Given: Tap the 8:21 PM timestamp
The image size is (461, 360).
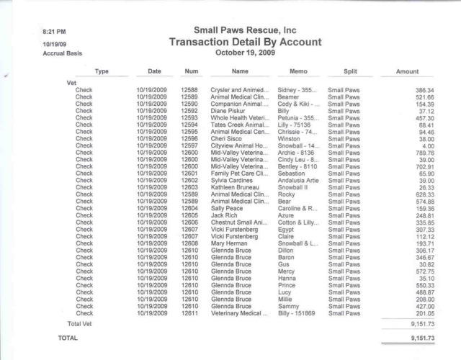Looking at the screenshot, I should (55, 32).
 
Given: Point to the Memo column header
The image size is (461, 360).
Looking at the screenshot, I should (297, 72).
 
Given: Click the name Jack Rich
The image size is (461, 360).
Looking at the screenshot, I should (225, 214).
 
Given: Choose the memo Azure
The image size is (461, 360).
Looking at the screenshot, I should (286, 214).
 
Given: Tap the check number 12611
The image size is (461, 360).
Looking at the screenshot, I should (190, 313).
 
